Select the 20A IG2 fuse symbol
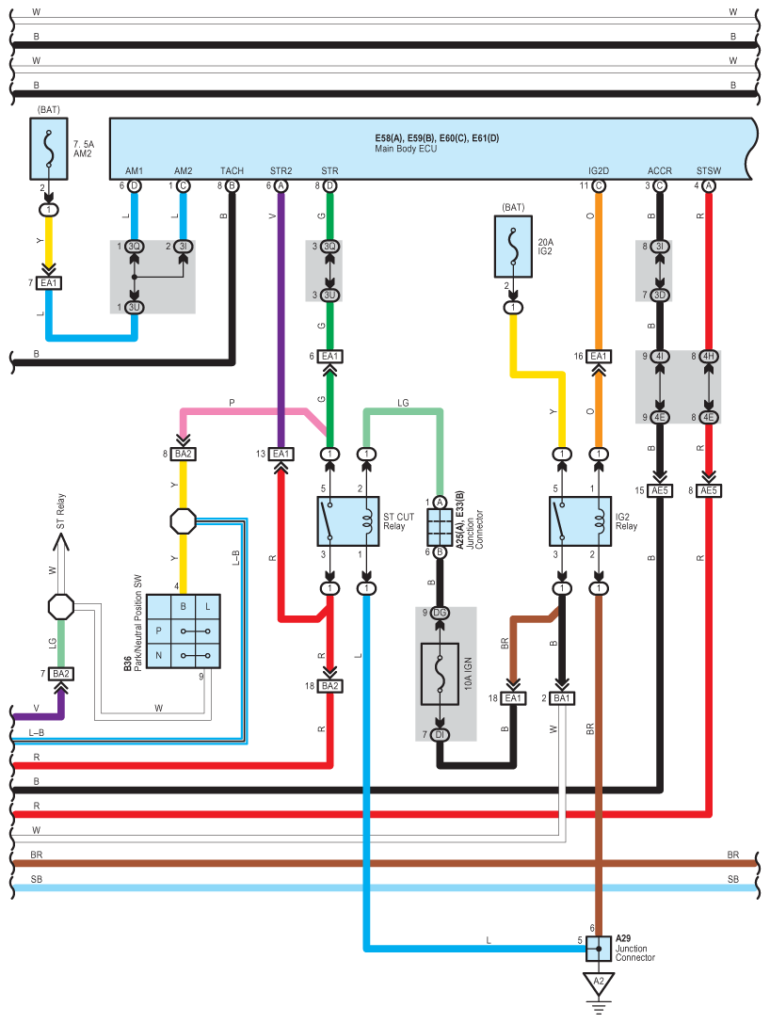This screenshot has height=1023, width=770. click(512, 248)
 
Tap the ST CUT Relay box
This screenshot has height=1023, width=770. click(347, 520)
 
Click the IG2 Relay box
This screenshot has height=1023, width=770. click(579, 520)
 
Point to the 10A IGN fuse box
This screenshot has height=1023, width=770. click(441, 674)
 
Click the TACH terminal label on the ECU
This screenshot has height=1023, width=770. click(232, 171)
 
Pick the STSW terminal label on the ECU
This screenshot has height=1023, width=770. click(708, 171)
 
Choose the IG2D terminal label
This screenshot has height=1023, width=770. click(599, 171)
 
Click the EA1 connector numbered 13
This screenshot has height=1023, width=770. click(281, 454)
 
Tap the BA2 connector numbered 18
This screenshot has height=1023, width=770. click(329, 686)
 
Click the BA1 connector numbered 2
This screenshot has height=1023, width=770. click(562, 698)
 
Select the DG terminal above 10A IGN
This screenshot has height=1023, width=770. click(441, 613)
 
